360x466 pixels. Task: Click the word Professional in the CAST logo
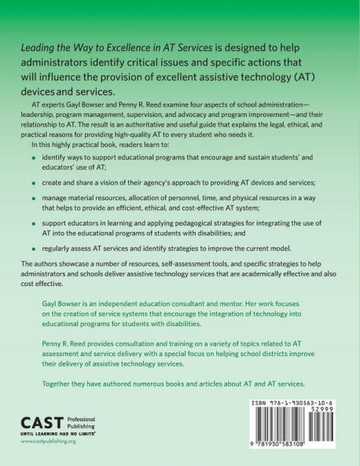coord(86,417)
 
